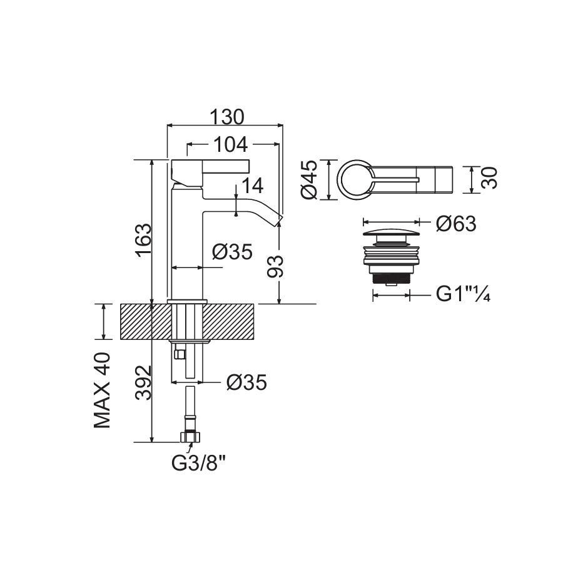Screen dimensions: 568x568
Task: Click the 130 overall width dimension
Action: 227,117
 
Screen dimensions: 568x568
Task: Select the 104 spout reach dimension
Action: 230,144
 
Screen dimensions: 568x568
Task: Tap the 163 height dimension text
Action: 143,241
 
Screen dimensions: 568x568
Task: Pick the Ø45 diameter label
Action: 309,180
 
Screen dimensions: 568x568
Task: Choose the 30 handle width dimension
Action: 489,178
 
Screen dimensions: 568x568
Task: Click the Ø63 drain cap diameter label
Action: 456,224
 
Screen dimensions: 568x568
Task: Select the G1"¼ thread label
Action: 463,294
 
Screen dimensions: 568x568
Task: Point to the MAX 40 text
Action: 102,390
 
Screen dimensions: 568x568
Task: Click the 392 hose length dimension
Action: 143,383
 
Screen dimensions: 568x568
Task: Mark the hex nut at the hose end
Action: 190,436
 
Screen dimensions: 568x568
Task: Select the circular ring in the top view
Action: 354,179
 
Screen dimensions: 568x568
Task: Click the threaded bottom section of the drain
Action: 392,278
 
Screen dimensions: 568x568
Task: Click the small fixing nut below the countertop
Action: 179,354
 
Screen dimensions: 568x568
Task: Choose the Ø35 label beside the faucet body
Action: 232,251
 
